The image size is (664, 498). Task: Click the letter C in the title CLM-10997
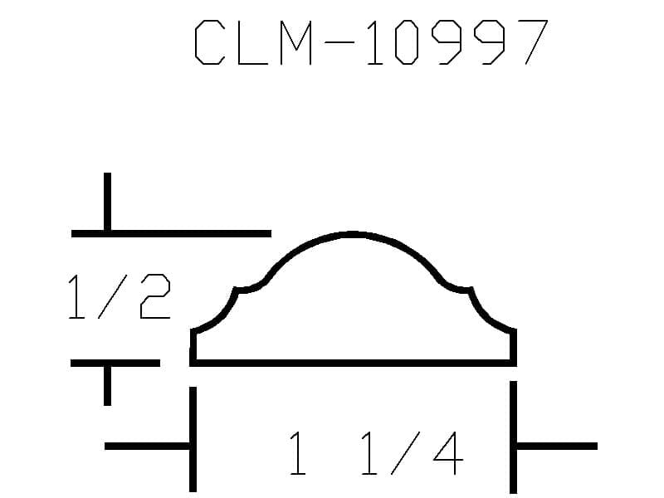pyautogui.click(x=209, y=43)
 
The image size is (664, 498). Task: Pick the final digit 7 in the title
pyautogui.click(x=533, y=43)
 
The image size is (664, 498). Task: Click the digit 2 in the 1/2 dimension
pyautogui.click(x=155, y=299)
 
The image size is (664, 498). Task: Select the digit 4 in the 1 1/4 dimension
pyautogui.click(x=448, y=452)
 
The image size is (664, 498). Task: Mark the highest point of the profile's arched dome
pyautogui.click(x=352, y=234)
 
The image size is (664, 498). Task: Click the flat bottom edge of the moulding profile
pyautogui.click(x=353, y=362)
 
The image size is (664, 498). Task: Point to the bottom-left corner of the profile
pyautogui.click(x=193, y=362)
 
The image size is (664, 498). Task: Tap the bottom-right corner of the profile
pyautogui.click(x=513, y=362)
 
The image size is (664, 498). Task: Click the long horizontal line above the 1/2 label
pyautogui.click(x=171, y=234)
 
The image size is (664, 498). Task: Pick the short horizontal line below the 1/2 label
pyautogui.click(x=115, y=363)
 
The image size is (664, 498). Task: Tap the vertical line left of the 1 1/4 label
pyautogui.click(x=193, y=438)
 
